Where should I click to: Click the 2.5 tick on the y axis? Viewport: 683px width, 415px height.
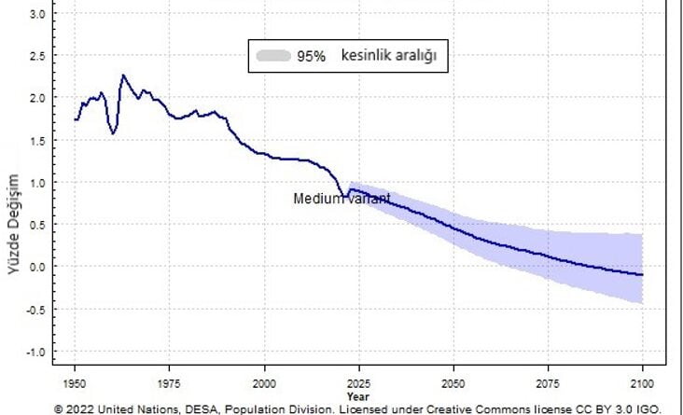click(x=38, y=56)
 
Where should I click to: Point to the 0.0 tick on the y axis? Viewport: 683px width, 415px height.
click(x=38, y=267)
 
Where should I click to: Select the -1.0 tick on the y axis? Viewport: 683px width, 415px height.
click(x=36, y=352)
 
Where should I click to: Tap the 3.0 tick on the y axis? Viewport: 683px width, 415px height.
click(x=38, y=14)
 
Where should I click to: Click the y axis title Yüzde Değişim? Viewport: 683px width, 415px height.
click(x=14, y=224)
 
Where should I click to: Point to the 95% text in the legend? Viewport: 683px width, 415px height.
click(x=311, y=56)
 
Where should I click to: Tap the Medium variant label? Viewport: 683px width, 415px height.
click(x=341, y=199)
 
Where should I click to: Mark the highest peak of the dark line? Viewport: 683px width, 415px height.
click(x=123, y=76)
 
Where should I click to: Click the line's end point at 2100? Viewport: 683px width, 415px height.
click(x=643, y=275)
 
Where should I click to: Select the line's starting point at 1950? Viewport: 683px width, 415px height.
click(x=76, y=119)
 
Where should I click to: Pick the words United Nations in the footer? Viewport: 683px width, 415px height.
click(x=132, y=408)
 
